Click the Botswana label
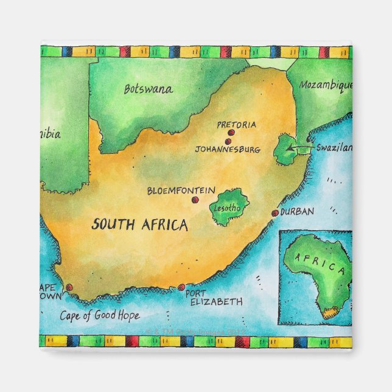[148, 89]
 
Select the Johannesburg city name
[228, 149]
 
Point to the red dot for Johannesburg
[228, 141]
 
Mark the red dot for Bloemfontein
[195, 200]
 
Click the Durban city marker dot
[275, 213]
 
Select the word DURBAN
[298, 212]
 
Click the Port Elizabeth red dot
[181, 287]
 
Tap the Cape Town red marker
[69, 287]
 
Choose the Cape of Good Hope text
[99, 315]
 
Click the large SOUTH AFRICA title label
[139, 225]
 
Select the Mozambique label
[325, 86]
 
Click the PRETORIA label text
[237, 125]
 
